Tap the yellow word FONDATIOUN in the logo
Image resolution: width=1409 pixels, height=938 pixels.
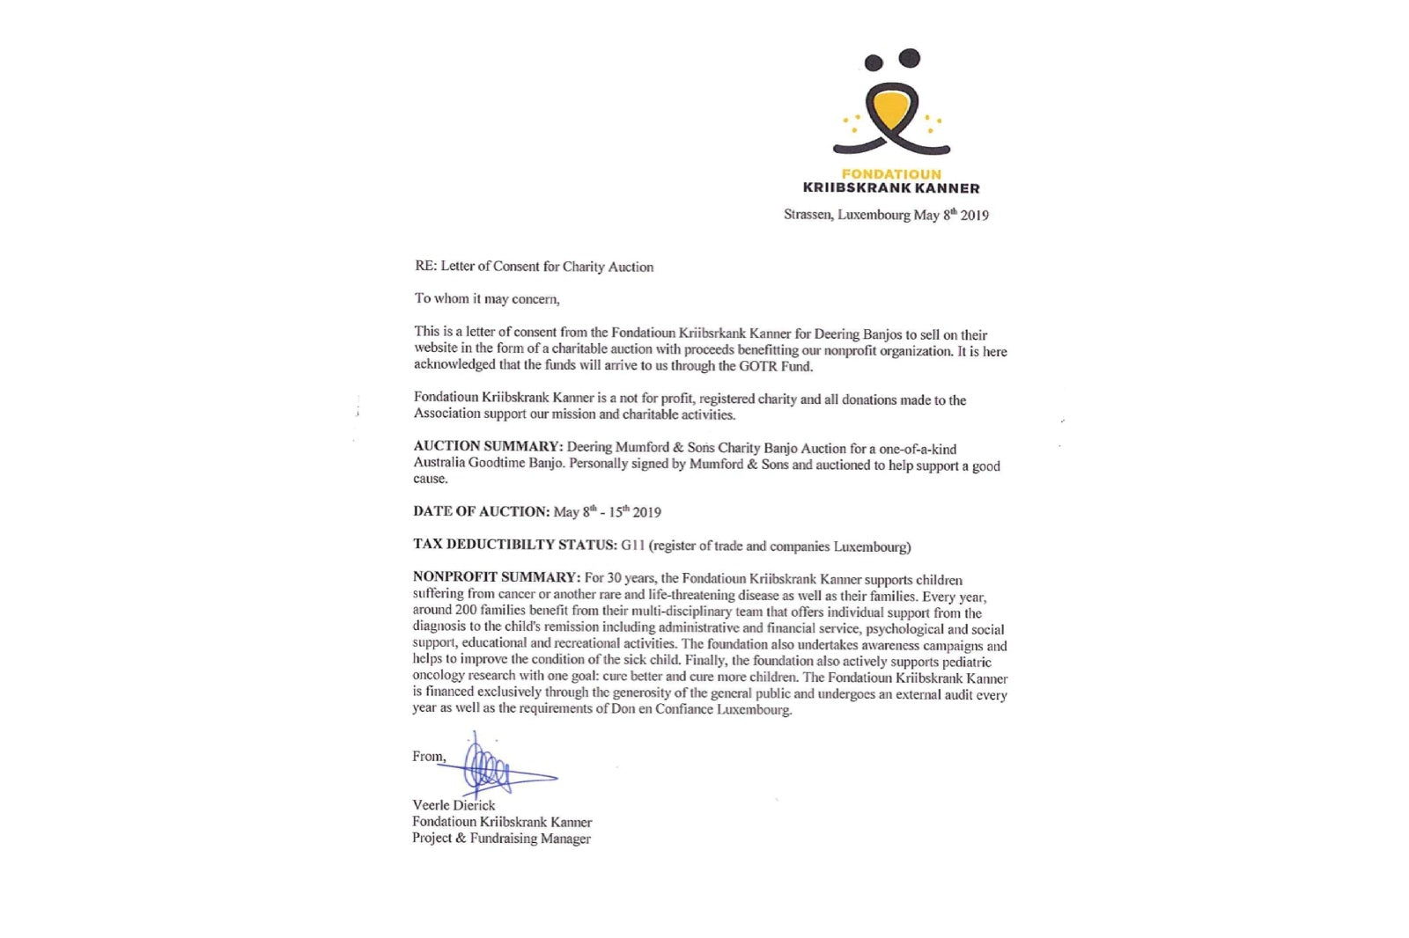click(x=891, y=174)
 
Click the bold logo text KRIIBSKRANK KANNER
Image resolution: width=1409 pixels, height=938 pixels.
click(x=891, y=188)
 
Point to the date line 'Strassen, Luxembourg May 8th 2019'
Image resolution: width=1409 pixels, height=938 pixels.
click(x=886, y=215)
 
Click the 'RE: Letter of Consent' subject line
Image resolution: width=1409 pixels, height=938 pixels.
click(x=534, y=267)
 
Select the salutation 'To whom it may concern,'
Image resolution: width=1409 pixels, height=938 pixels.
click(x=487, y=299)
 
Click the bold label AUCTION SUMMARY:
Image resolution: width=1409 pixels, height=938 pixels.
click(x=488, y=447)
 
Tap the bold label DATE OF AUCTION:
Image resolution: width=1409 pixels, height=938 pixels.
click(x=481, y=511)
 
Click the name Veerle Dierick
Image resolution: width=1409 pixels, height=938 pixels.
click(x=454, y=805)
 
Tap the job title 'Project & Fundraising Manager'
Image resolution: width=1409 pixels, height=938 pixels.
click(x=501, y=839)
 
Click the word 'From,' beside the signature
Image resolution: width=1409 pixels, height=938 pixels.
click(x=429, y=757)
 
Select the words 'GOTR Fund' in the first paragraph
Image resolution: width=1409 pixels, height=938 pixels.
click(x=776, y=367)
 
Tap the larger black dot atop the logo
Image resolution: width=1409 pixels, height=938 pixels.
click(x=910, y=58)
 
